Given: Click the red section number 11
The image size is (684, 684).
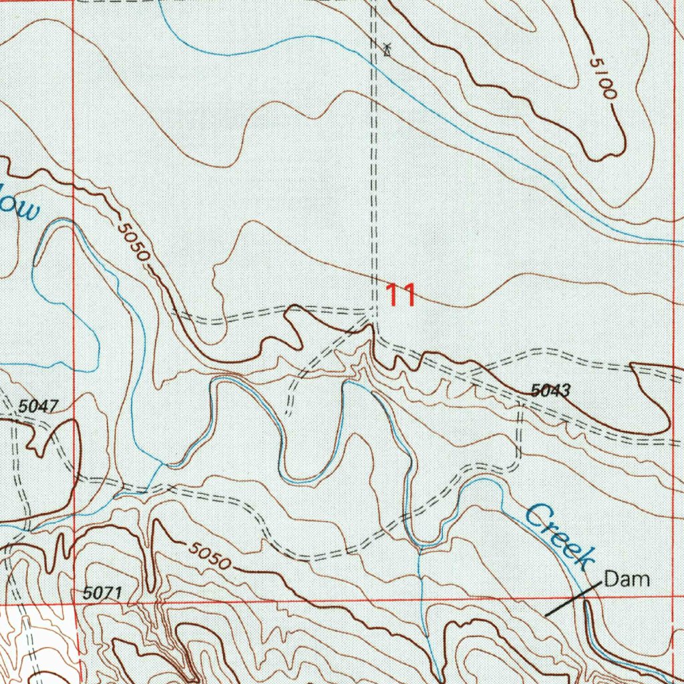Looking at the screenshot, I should click(x=401, y=295).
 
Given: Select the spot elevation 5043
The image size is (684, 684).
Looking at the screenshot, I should click(x=551, y=391).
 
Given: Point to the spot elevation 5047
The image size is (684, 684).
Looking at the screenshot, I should click(x=39, y=405).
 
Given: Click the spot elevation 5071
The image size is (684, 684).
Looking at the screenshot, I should click(x=104, y=592).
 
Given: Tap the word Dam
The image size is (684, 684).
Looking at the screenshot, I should click(x=627, y=579).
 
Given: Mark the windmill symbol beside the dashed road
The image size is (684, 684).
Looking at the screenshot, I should click(x=387, y=49).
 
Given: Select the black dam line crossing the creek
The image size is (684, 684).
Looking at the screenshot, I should click(x=570, y=598).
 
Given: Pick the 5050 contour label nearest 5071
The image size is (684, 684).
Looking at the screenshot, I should click(x=209, y=556).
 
